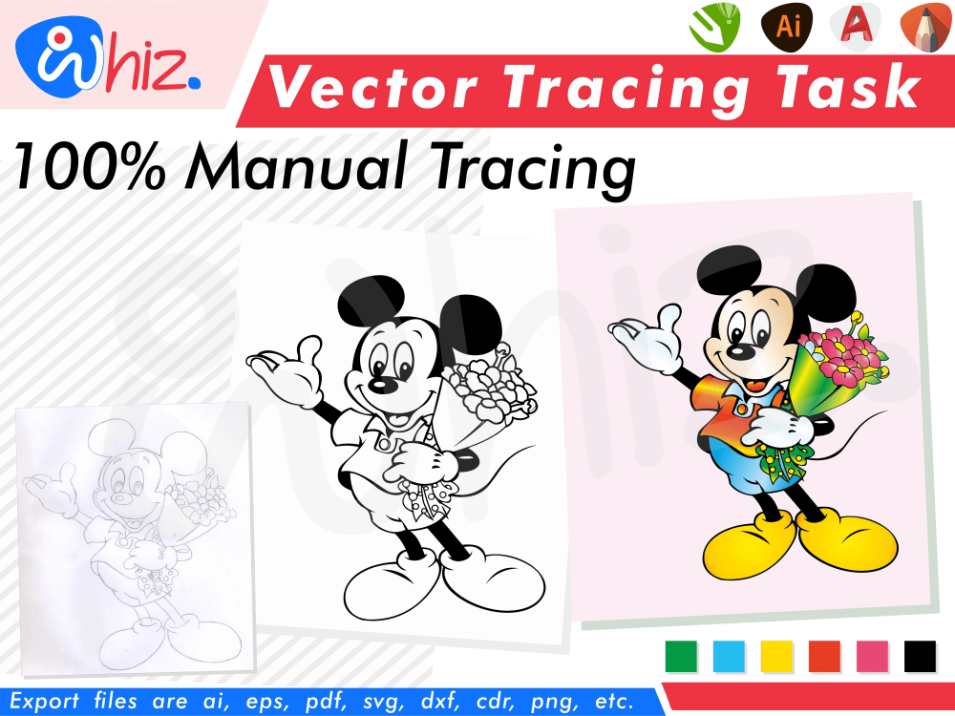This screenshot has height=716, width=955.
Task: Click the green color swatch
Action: click(681, 656)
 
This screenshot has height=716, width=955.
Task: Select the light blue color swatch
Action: click(729, 656)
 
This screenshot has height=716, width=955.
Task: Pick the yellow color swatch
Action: click(776, 656)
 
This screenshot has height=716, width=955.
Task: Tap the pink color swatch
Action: click(872, 656)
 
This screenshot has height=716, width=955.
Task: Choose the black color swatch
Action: click(920, 656)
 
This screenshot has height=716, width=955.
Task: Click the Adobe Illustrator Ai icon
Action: click(788, 26)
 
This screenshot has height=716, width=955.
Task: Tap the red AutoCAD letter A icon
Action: click(855, 26)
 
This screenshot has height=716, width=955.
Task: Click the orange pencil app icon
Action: click(923, 26)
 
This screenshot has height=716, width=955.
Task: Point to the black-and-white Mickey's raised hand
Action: click(286, 368)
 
